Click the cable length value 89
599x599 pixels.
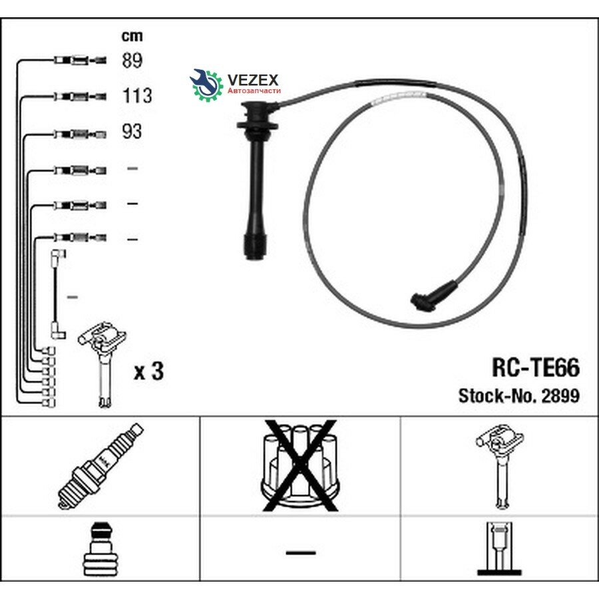(132, 61)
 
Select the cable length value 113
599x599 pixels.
(137, 96)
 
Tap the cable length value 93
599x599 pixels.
(132, 131)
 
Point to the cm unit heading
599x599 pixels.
(132, 36)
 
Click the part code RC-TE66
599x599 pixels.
(536, 367)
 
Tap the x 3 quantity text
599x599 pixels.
(148, 371)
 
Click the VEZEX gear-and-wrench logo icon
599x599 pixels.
(206, 85)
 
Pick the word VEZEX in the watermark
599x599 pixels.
(253, 80)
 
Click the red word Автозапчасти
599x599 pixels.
(254, 91)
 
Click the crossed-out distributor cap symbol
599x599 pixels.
(300, 465)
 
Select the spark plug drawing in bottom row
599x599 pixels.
(100, 466)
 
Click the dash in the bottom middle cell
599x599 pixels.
(301, 552)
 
